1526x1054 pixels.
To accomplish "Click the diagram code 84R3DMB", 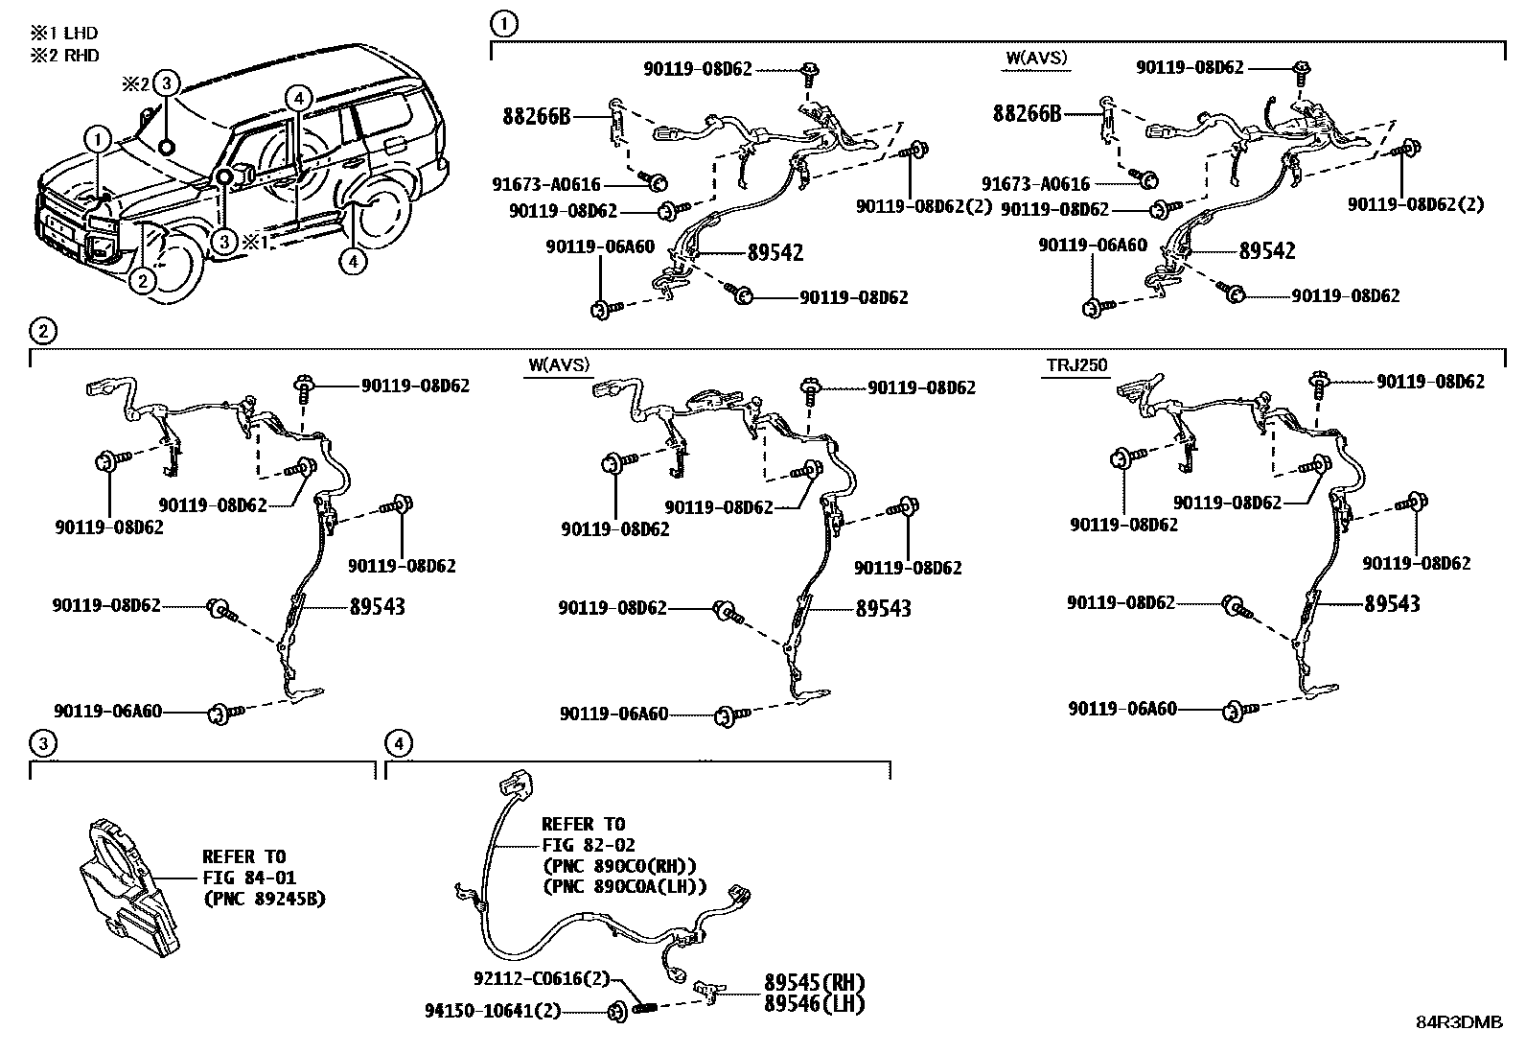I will (x=1460, y=1022).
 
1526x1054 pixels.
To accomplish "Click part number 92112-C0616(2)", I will (x=542, y=979).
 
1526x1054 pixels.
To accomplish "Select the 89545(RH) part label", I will (x=815, y=983).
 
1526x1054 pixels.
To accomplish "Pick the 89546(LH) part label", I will (x=815, y=1004).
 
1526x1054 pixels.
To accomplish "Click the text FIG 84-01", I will (x=249, y=878).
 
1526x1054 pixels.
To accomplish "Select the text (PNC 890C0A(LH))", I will (x=624, y=886).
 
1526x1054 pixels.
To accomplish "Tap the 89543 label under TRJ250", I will (x=1393, y=604).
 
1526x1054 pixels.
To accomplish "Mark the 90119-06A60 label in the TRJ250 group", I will (x=1122, y=709).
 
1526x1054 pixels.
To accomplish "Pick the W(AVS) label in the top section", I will (x=1035, y=59).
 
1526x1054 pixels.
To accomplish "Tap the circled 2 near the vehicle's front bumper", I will (x=142, y=281).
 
